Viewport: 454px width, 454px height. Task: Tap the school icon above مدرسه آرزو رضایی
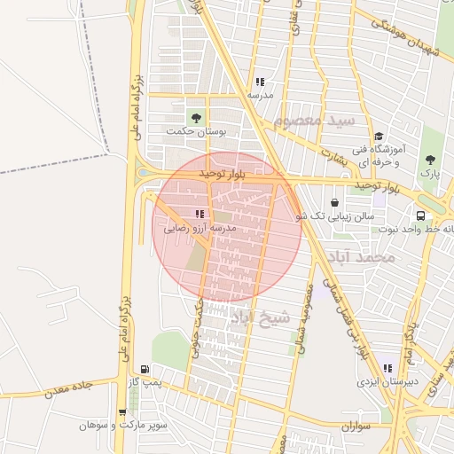(x=199, y=214)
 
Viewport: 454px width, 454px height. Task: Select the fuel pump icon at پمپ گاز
(x=145, y=369)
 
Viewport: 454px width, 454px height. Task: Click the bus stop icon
(x=419, y=215)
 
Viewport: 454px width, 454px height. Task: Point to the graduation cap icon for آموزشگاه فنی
(x=379, y=137)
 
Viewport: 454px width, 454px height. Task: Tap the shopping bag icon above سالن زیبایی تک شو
(x=333, y=202)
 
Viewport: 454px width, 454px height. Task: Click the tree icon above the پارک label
(x=430, y=160)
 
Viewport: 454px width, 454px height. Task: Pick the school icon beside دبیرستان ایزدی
(x=387, y=368)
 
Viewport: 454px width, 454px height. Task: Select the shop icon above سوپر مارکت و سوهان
(x=121, y=412)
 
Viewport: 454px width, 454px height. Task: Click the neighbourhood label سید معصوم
(x=314, y=121)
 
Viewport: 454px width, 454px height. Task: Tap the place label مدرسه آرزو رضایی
(x=199, y=228)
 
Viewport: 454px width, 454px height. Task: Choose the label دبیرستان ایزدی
(x=387, y=383)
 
